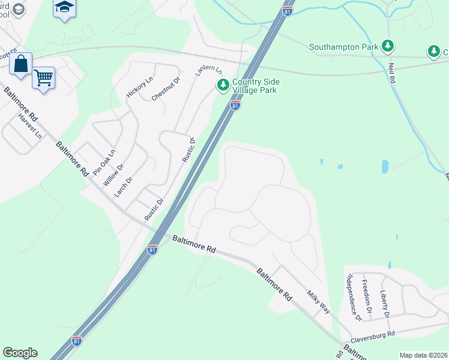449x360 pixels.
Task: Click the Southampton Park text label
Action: [344, 46]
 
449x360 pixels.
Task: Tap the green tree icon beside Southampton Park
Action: [388, 46]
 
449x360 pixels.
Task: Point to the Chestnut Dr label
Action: [166, 88]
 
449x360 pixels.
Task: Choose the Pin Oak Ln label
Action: [103, 162]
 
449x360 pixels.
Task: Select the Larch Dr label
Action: [123, 187]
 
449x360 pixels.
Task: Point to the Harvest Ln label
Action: [30, 126]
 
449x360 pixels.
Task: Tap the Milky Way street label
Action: [319, 302]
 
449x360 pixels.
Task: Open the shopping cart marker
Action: [43, 77]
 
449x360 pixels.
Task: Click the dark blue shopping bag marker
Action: [21, 64]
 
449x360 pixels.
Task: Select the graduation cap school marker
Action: [64, 8]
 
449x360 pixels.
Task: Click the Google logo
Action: [20, 353]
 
